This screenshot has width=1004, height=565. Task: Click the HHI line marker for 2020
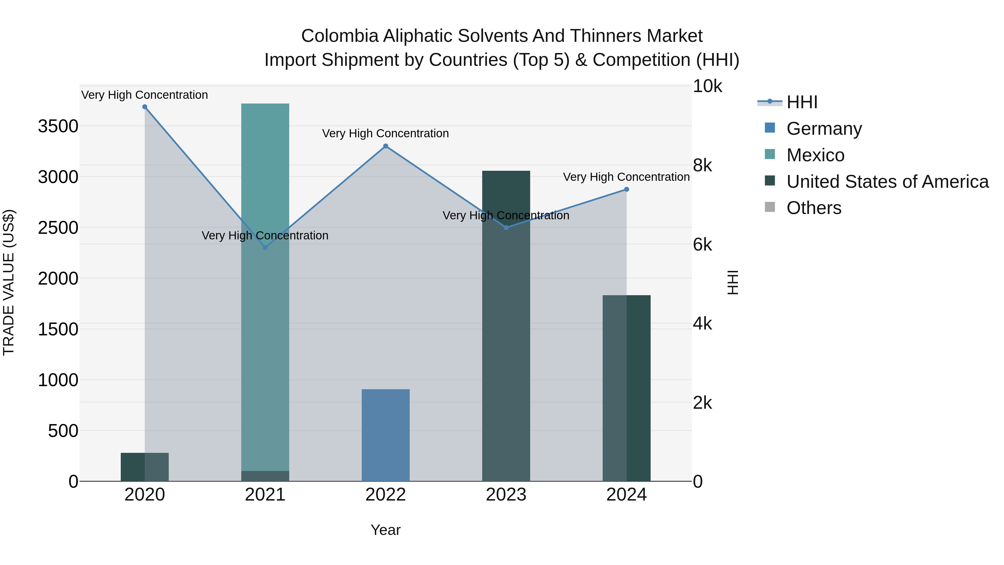pos(144,107)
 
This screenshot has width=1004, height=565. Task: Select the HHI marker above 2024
pos(626,189)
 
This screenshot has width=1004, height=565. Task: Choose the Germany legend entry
pos(824,129)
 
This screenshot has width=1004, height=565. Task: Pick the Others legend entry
pos(814,208)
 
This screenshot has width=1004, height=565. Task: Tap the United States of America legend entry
pos(887,182)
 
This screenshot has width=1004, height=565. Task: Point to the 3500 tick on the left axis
pos(58,126)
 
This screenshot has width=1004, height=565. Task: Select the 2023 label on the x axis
pos(506,495)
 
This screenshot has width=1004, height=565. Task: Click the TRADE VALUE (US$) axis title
pos(9,283)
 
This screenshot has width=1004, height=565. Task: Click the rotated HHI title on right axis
pos(733,283)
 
